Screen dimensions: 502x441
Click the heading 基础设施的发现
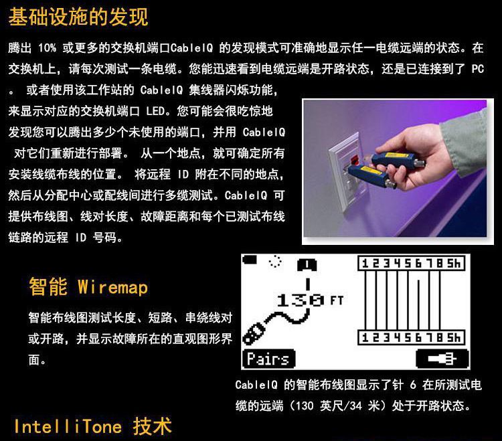point(78,17)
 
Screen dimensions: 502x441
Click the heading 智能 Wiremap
point(88,286)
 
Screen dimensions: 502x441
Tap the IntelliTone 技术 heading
point(92,426)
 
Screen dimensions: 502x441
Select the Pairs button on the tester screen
point(268,359)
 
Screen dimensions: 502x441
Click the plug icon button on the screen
point(442,359)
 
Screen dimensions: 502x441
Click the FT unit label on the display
point(337,300)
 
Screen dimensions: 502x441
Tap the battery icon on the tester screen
point(250,259)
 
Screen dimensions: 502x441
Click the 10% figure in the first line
point(47,48)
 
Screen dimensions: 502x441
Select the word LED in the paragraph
point(155,111)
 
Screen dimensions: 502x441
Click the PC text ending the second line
point(477,69)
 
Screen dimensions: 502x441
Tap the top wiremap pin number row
point(411,264)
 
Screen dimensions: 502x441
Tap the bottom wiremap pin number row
point(411,337)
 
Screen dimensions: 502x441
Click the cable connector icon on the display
point(253,333)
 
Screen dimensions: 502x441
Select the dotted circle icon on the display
point(275,261)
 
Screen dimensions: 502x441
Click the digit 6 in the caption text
point(413,385)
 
